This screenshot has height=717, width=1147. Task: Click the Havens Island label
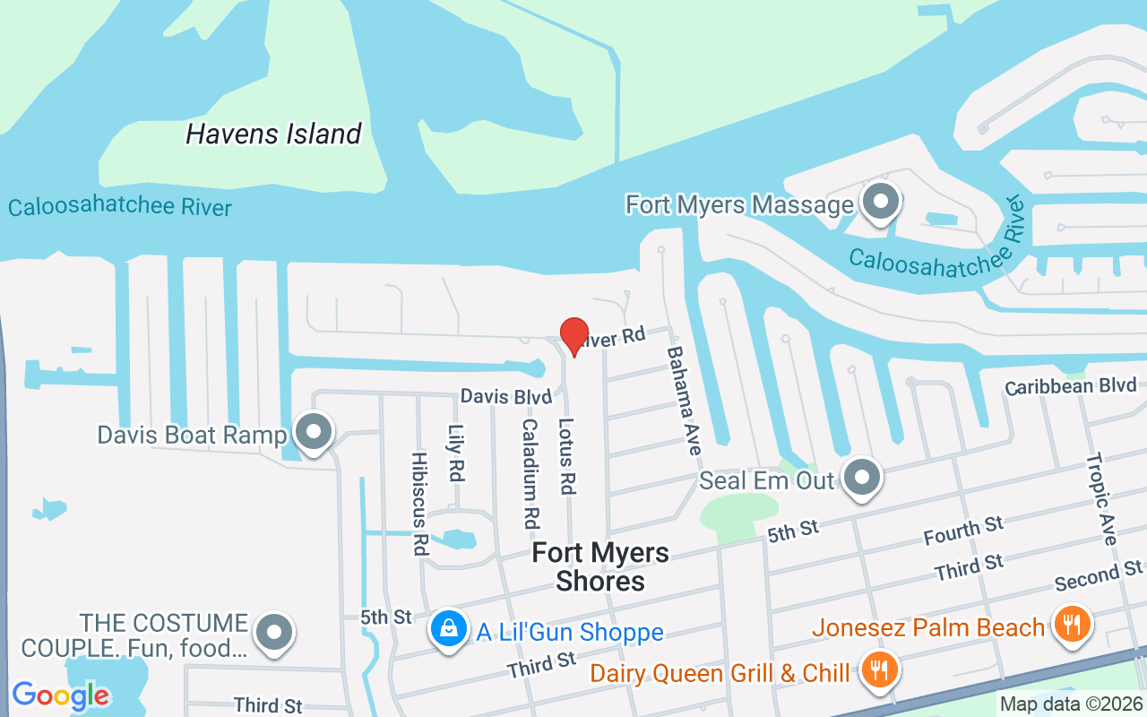[x=273, y=134]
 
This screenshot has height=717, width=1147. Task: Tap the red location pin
[x=573, y=336]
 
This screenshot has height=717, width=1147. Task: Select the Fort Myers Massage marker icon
[x=881, y=203]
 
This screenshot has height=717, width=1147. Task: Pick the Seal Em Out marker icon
[x=862, y=478]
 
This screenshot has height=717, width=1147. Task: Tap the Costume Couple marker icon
[x=273, y=633]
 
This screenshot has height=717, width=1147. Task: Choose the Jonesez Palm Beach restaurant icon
[x=1069, y=623]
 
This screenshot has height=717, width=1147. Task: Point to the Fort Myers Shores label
[x=600, y=566]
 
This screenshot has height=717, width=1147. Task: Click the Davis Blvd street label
[x=505, y=396]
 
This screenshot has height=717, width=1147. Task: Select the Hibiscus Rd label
[x=419, y=503]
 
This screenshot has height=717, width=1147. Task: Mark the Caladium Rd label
[x=530, y=473]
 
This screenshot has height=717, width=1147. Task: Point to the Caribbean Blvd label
[x=1071, y=386]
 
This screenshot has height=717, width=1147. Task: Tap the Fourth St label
[x=963, y=531]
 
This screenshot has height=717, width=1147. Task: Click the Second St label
[x=1098, y=575]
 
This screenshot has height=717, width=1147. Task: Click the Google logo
[x=61, y=695]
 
